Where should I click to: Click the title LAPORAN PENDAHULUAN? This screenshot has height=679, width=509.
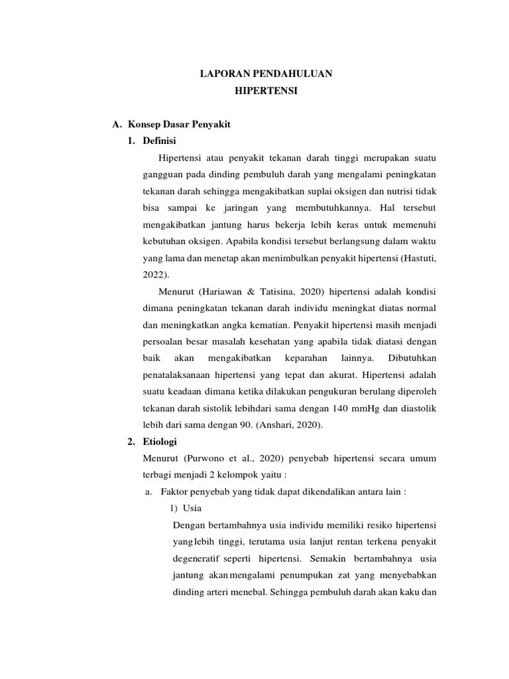[266, 75]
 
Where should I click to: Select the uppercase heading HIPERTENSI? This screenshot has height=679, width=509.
[266, 92]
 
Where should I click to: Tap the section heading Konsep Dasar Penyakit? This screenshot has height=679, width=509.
[179, 125]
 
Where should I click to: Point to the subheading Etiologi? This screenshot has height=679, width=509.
[160, 441]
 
